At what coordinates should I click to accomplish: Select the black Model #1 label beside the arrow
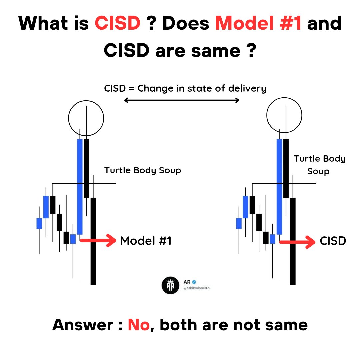146,241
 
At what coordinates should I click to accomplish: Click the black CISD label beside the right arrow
332,241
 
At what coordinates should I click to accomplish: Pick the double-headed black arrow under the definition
182,100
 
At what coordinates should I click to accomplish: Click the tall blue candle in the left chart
80,187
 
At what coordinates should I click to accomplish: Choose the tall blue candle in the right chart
279,187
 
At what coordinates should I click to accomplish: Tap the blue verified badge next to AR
195,282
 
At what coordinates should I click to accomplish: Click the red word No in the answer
139,324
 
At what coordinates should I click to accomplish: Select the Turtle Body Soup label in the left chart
143,170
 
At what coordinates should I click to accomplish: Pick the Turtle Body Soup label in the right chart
319,165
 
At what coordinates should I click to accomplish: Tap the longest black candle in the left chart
93,241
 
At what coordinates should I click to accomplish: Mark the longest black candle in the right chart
293,241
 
